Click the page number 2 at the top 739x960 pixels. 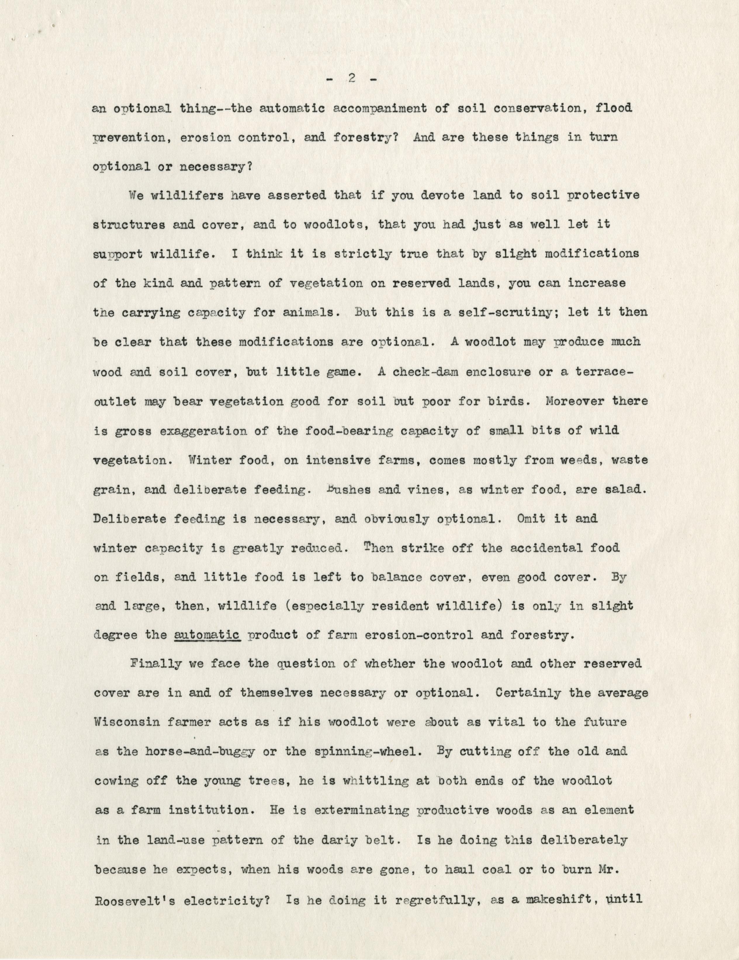coord(351,79)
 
